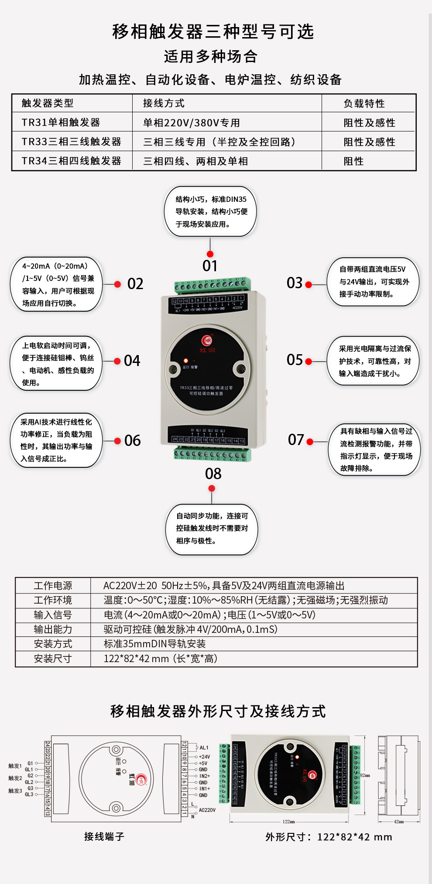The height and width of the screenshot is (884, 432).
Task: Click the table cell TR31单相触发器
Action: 61,122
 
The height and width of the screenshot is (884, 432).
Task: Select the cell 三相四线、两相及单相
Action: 195,161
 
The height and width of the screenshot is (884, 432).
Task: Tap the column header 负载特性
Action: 364,104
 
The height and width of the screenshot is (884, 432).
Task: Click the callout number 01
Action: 210,266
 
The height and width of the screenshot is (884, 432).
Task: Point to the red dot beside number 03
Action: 309,285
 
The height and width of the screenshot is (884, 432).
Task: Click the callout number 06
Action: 132,440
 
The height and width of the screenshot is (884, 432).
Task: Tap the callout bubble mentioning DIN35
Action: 211,211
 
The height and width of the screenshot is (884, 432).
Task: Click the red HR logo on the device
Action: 208,340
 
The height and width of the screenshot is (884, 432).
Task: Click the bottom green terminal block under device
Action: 213,454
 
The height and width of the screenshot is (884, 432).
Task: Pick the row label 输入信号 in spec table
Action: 53,615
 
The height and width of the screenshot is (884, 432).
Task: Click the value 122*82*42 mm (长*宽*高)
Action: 160,659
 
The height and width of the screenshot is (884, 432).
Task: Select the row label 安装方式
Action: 53,644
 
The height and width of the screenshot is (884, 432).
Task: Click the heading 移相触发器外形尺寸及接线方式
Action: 218,711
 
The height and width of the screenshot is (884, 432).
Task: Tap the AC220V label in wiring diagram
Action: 207,810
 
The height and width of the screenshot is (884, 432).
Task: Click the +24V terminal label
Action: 204,757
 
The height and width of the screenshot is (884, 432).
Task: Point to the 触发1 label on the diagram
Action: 15,766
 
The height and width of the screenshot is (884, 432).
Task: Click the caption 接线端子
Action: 104,836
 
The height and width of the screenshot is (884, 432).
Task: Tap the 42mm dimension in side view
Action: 399,822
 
